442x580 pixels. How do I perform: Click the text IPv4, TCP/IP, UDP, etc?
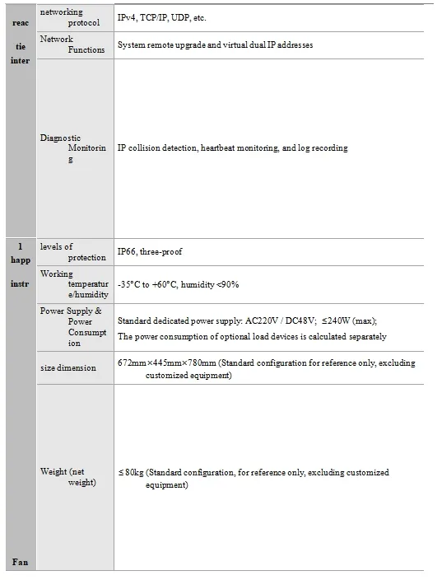tap(161, 17)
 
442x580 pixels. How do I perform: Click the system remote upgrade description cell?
tap(215, 44)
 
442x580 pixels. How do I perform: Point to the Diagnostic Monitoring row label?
tap(73, 148)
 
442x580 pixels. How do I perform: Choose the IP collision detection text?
tap(232, 148)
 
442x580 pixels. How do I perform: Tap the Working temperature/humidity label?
tap(73, 284)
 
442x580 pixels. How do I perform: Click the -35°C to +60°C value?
tap(178, 284)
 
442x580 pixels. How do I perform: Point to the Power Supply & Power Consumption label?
tap(73, 327)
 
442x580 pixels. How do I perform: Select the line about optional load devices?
tap(252, 336)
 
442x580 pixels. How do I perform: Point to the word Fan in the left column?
tap(20, 562)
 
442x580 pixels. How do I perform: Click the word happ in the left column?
tap(21, 260)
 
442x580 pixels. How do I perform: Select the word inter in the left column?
tap(21, 61)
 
